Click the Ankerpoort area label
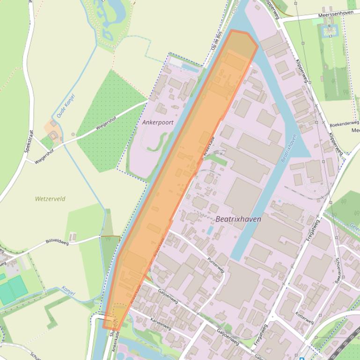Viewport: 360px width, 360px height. (158, 122)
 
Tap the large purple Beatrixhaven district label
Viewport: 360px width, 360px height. (238, 219)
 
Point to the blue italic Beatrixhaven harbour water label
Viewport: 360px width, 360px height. (289, 149)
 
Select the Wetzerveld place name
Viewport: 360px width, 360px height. (50, 199)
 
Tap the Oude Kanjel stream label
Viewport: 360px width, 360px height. (66, 106)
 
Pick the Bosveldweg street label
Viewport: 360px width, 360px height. (57, 242)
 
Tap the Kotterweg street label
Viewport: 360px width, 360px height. (304, 318)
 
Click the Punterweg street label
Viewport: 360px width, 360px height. (216, 265)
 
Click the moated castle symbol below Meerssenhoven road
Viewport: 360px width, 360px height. (326, 31)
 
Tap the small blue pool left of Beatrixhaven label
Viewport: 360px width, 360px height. (210, 230)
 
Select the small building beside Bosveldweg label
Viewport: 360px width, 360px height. (73, 236)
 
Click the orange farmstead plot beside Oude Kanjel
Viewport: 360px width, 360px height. (51, 127)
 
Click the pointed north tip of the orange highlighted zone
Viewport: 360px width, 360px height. (232, 31)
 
